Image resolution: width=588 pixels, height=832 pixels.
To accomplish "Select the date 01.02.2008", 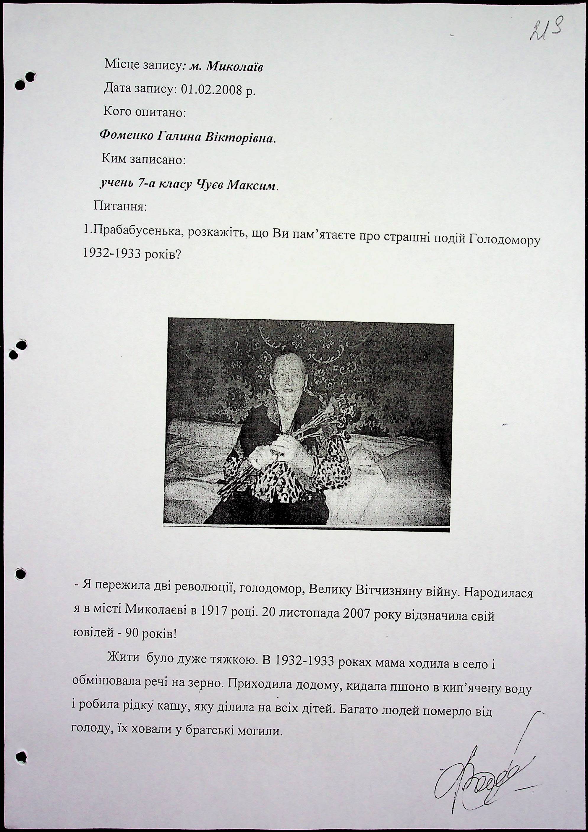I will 211,89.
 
